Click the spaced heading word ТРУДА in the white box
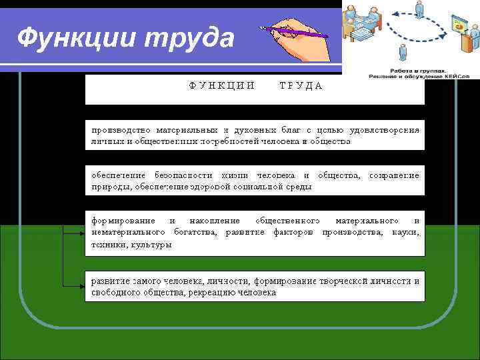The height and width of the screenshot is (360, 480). pyautogui.click(x=301, y=85)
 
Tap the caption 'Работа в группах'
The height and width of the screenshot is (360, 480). pyautogui.click(x=409, y=69)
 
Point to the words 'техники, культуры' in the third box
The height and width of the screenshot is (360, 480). pyautogui.click(x=131, y=245)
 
